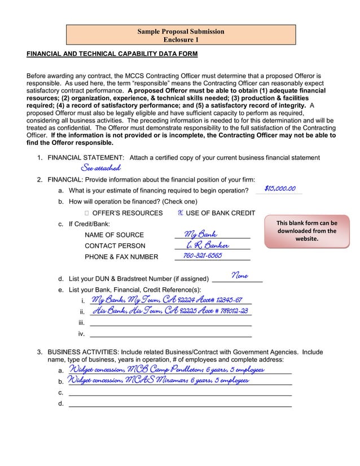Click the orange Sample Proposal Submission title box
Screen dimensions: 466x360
pos(181,36)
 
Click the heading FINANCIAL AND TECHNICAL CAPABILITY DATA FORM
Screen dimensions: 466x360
pos(112,54)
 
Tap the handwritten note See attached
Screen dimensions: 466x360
pos(100,168)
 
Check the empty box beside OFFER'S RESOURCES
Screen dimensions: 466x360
pos(86,213)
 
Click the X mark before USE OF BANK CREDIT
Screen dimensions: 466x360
pos(180,213)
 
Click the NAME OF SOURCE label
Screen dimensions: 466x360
pos(114,235)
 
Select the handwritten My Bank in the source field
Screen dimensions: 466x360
pos(200,234)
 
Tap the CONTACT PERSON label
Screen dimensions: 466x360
pos(115,245)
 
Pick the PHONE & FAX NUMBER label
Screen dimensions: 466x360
pos(121,257)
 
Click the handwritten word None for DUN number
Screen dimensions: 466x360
pos(239,276)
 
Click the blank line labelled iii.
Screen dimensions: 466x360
pos(170,323)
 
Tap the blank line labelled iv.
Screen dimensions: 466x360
pos(170,334)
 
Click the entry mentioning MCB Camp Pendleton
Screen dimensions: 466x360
pos(166,370)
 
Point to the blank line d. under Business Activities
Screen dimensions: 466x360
pos(179,403)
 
